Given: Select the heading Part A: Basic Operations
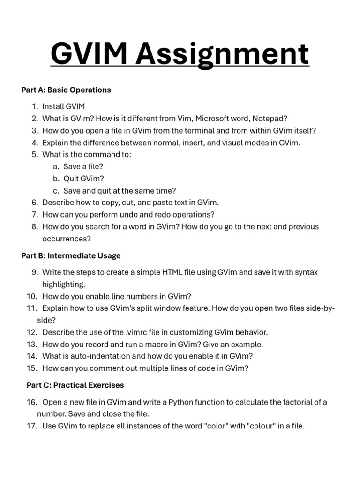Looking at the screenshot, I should [x=66, y=90].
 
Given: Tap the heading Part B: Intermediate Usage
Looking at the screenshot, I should [x=71, y=255].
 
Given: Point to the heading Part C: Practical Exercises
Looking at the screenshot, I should [x=75, y=385].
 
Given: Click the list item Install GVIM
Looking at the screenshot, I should [x=63, y=106].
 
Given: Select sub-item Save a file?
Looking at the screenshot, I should [x=83, y=166].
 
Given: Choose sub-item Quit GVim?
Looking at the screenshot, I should [x=84, y=179].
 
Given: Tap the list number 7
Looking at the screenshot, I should [x=35, y=215].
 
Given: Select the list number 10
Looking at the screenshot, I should [x=31, y=296].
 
